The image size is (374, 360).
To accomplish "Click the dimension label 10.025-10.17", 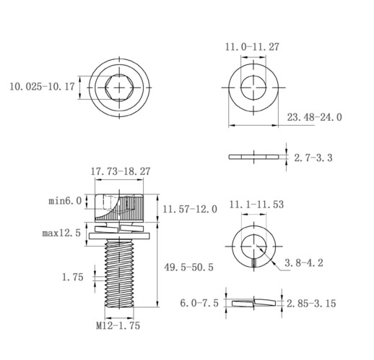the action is (x=42, y=87).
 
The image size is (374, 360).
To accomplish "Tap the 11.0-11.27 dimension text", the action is (x=252, y=47).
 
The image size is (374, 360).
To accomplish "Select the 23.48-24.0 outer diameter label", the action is (x=314, y=117).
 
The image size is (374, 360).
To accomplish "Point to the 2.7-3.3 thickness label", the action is (x=313, y=158).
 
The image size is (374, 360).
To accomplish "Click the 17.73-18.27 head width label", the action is (x=121, y=171).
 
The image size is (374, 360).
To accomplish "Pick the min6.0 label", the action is (x=65, y=201).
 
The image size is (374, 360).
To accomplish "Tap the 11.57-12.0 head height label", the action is (x=190, y=209).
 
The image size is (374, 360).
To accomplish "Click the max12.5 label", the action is (x=61, y=233).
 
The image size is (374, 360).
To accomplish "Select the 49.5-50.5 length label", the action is (x=189, y=267).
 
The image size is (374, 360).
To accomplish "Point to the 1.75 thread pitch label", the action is (x=73, y=277).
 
